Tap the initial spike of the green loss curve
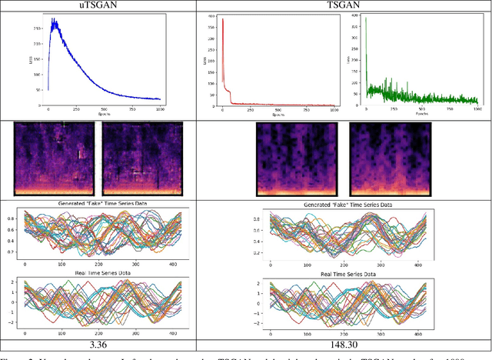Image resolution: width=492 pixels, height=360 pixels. click(366, 18)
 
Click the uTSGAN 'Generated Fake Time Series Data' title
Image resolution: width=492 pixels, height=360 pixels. click(100, 203)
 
